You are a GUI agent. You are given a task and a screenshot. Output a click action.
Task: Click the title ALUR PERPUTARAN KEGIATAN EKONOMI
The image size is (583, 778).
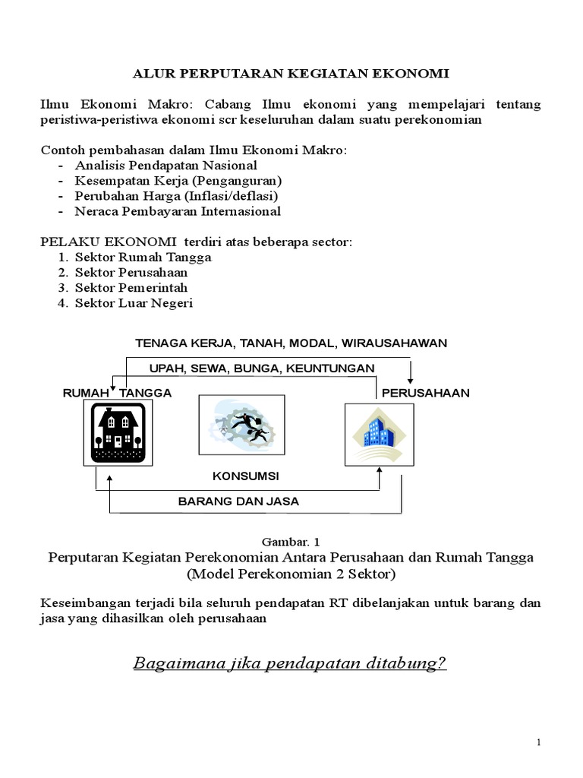click(x=291, y=74)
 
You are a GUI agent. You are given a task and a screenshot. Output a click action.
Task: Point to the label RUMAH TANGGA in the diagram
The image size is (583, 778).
click(x=117, y=393)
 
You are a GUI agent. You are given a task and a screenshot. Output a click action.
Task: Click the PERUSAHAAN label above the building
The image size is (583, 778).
click(x=425, y=393)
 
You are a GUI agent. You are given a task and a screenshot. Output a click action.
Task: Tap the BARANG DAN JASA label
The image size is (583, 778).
click(x=238, y=501)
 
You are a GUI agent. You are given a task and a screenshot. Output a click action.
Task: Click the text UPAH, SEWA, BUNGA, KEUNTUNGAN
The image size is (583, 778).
click(x=262, y=368)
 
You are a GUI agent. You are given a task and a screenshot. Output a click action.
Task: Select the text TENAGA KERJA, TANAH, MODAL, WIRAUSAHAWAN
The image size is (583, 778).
click(x=291, y=343)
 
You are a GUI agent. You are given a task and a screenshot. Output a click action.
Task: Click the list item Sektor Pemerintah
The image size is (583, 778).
click(x=131, y=288)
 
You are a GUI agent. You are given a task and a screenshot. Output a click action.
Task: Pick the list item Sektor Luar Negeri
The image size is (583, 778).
click(x=134, y=303)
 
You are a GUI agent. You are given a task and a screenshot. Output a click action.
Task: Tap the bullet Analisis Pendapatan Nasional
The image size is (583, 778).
click(x=165, y=165)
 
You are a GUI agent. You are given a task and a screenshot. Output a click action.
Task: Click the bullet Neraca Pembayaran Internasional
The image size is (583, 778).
click(x=178, y=211)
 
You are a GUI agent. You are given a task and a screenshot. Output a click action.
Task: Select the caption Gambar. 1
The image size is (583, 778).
click(x=291, y=542)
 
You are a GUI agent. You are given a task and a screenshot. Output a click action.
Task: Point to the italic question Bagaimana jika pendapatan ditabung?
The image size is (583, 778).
click(x=290, y=663)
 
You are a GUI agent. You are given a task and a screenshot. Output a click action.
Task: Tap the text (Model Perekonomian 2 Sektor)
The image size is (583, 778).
click(x=291, y=573)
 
